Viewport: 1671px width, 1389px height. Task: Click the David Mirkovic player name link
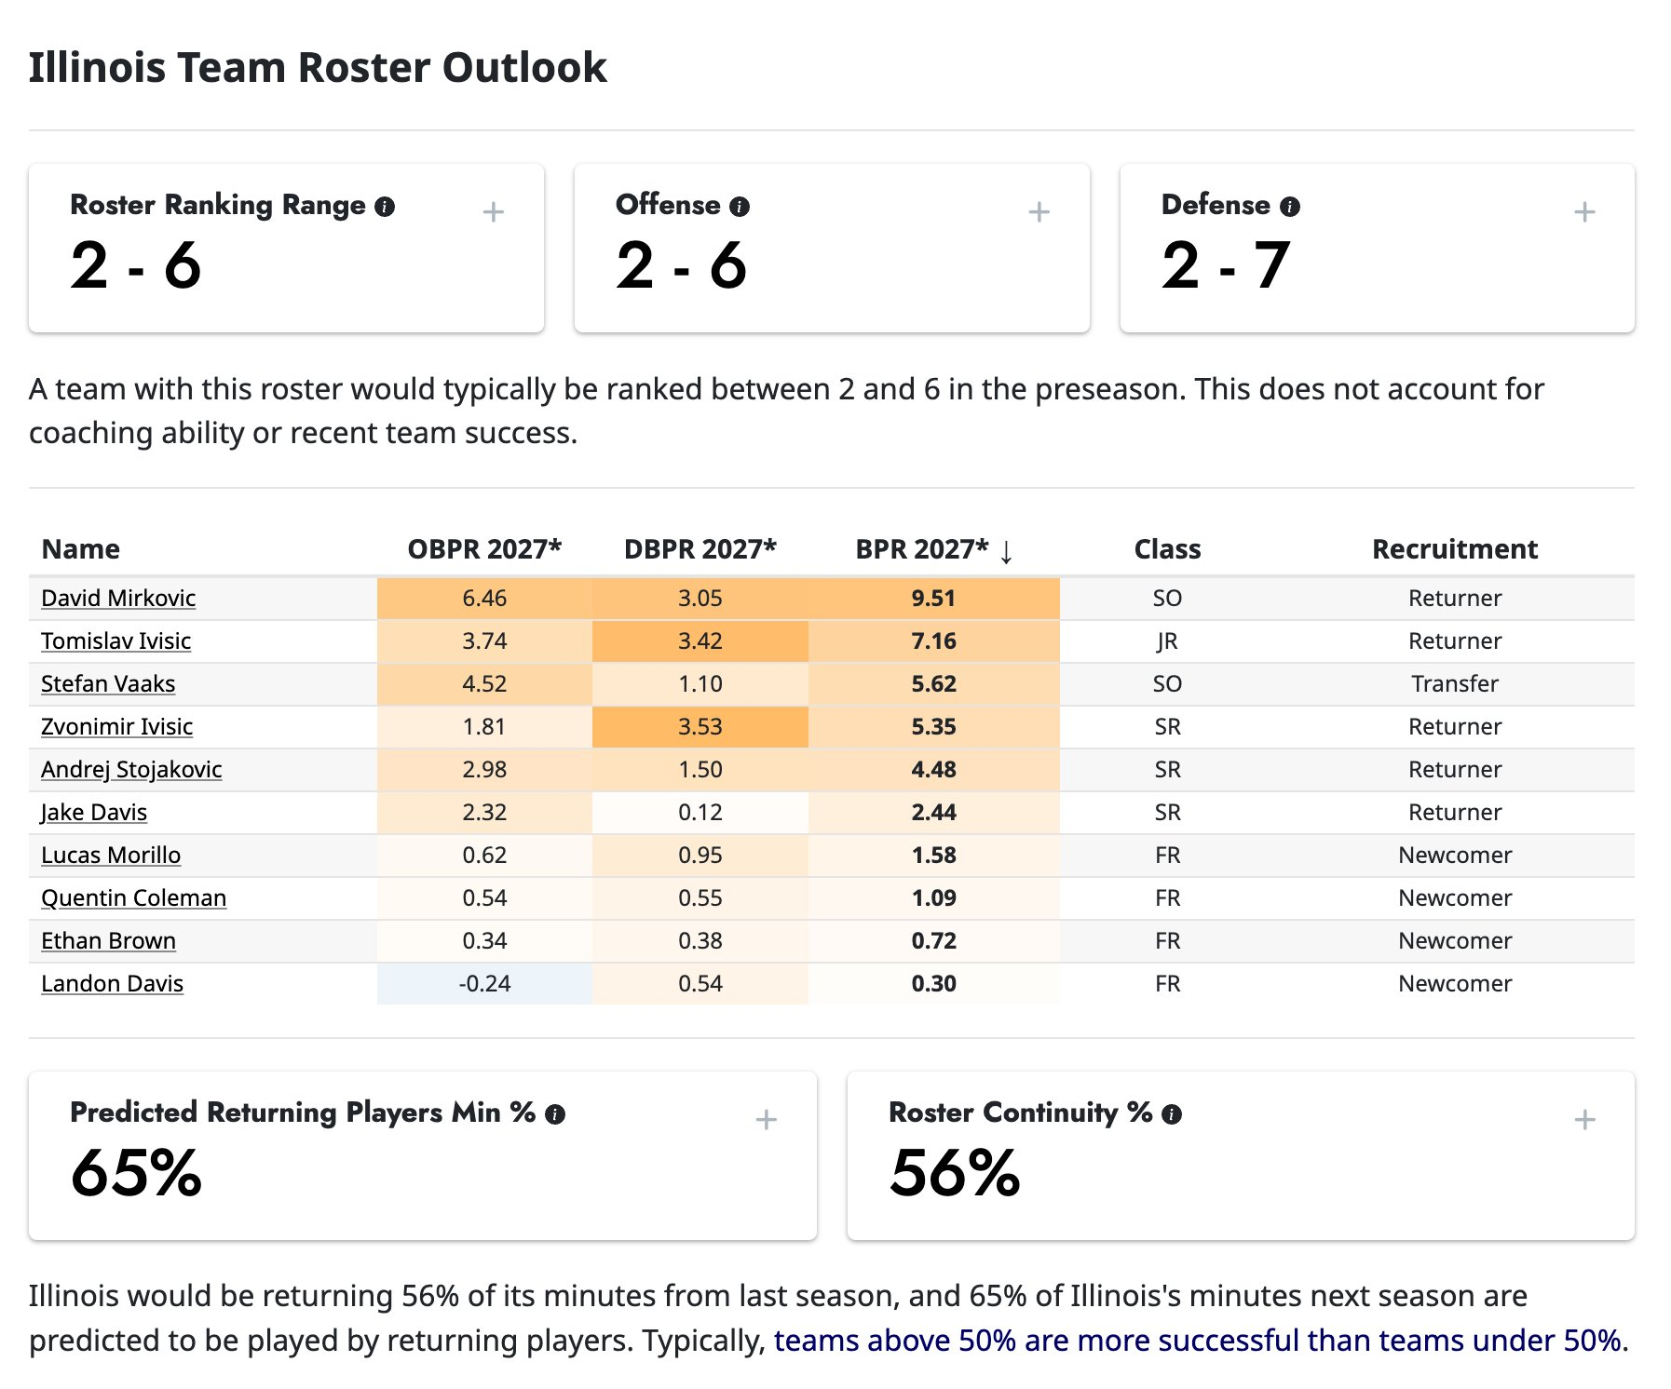(118, 598)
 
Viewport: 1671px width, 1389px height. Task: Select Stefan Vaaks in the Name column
(108, 683)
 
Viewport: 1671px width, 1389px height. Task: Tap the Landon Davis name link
(112, 983)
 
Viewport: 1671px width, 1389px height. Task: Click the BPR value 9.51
(933, 598)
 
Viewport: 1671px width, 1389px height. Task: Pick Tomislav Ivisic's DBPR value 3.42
(700, 641)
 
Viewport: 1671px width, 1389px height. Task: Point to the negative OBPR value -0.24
(484, 983)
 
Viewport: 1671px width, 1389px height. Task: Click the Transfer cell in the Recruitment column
(1454, 683)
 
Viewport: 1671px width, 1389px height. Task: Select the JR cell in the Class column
(1167, 641)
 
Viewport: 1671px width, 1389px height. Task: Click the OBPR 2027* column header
(484, 549)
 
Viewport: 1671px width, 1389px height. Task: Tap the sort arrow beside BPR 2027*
(1006, 551)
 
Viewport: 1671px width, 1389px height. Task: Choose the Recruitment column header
(1454, 549)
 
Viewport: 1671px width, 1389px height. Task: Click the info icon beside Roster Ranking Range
(385, 207)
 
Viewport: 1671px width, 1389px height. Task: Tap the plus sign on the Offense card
(1039, 212)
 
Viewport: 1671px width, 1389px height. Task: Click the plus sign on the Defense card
(1584, 212)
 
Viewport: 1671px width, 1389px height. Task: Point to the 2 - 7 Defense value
(1225, 266)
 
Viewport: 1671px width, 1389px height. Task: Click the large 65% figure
(136, 1173)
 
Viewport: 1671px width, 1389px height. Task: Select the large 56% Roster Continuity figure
(955, 1173)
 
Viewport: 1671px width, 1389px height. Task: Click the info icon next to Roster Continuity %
(1172, 1114)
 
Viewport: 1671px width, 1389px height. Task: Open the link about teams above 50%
(1198, 1341)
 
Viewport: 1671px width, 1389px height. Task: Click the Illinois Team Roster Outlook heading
(318, 68)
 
